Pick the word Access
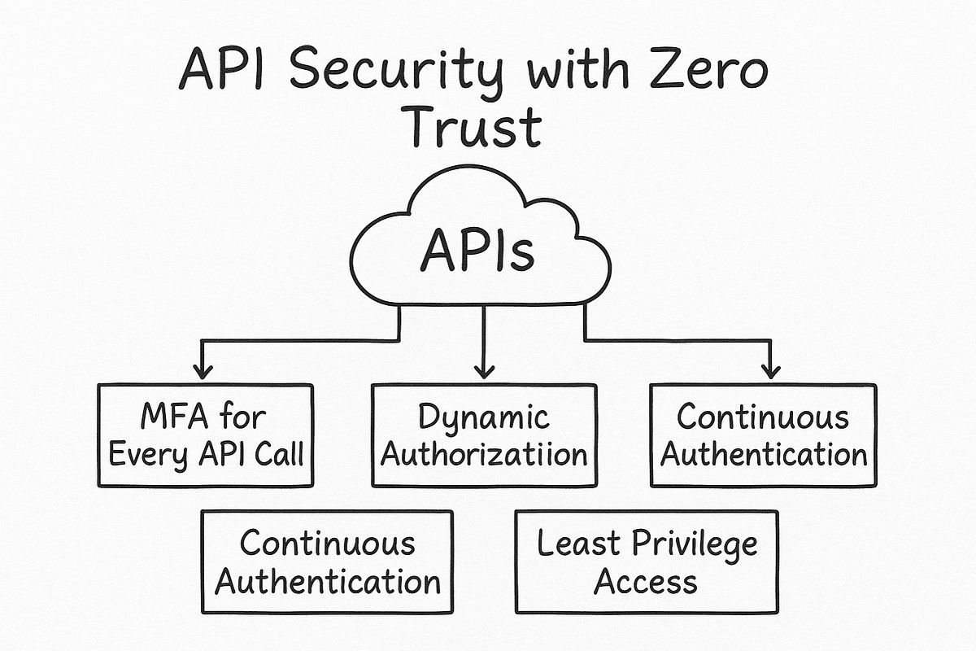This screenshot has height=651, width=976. tap(645, 581)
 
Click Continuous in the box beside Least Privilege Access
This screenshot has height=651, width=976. tap(327, 543)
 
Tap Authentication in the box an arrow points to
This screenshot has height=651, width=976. tap(763, 453)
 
